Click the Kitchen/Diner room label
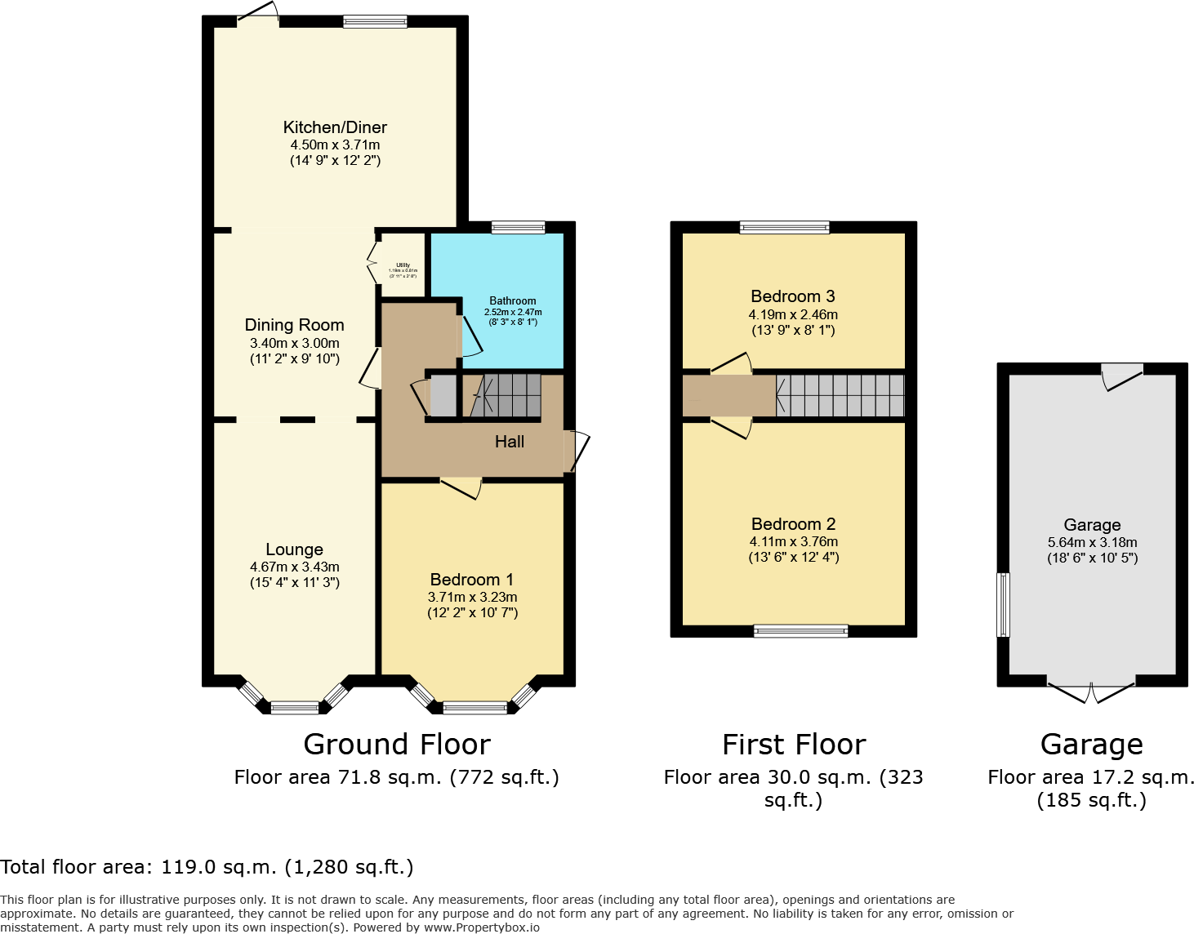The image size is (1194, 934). tap(335, 127)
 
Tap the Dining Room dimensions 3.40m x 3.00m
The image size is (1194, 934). tap(294, 343)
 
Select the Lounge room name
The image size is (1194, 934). tap(294, 549)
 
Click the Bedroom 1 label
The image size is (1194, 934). tap(472, 580)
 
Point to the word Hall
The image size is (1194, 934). tap(510, 442)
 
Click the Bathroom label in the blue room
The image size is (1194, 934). tap(513, 301)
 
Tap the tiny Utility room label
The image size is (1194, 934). tap(403, 265)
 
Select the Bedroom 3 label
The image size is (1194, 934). tap(793, 296)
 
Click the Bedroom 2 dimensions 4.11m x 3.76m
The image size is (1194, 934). tap(794, 541)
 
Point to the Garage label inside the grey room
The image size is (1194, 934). tap(1092, 525)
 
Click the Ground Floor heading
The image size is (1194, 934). tap(397, 745)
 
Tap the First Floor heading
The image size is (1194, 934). tap(794, 745)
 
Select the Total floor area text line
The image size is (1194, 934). tap(207, 867)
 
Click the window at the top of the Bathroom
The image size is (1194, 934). tap(518, 228)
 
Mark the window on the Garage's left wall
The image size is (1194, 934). tap(1003, 604)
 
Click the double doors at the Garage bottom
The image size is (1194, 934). tap(1091, 691)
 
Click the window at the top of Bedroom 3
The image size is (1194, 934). tap(784, 228)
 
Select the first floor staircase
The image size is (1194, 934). tap(840, 396)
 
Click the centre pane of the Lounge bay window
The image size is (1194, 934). tap(295, 708)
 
